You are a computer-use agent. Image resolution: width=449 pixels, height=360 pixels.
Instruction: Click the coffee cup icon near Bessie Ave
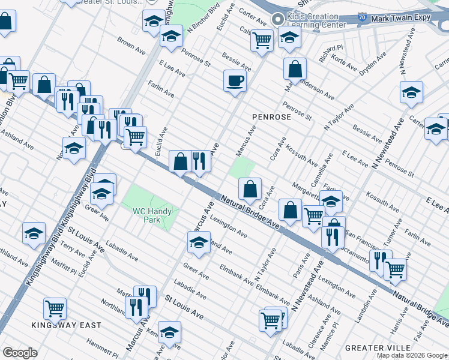point(235,80)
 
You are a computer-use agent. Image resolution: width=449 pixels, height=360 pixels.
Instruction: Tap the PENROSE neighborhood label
point(271,117)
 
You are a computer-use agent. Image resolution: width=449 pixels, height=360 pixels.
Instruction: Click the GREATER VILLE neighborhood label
point(378,347)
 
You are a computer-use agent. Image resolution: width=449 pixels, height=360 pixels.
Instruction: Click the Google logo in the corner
point(19,352)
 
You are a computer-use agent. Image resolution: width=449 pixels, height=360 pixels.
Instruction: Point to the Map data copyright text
point(412,355)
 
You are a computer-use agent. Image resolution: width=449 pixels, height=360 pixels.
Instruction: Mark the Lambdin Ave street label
point(364,307)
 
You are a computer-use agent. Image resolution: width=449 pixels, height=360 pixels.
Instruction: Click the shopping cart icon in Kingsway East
point(55,308)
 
